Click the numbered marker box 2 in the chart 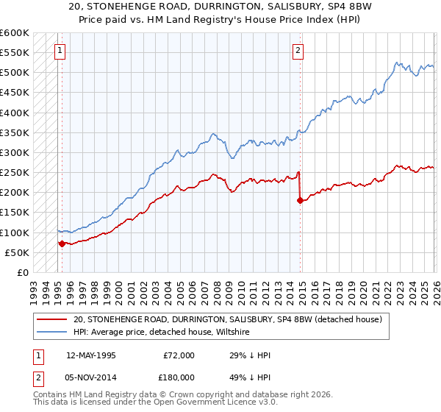pyautogui.click(x=298, y=51)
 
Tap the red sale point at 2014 pyautogui.click(x=300, y=200)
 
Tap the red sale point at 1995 pyautogui.click(x=62, y=244)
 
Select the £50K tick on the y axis pyautogui.click(x=17, y=252)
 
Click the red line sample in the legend pyautogui.click(x=52, y=320)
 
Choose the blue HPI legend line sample pyautogui.click(x=52, y=333)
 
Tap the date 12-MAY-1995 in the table pyautogui.click(x=91, y=355)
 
